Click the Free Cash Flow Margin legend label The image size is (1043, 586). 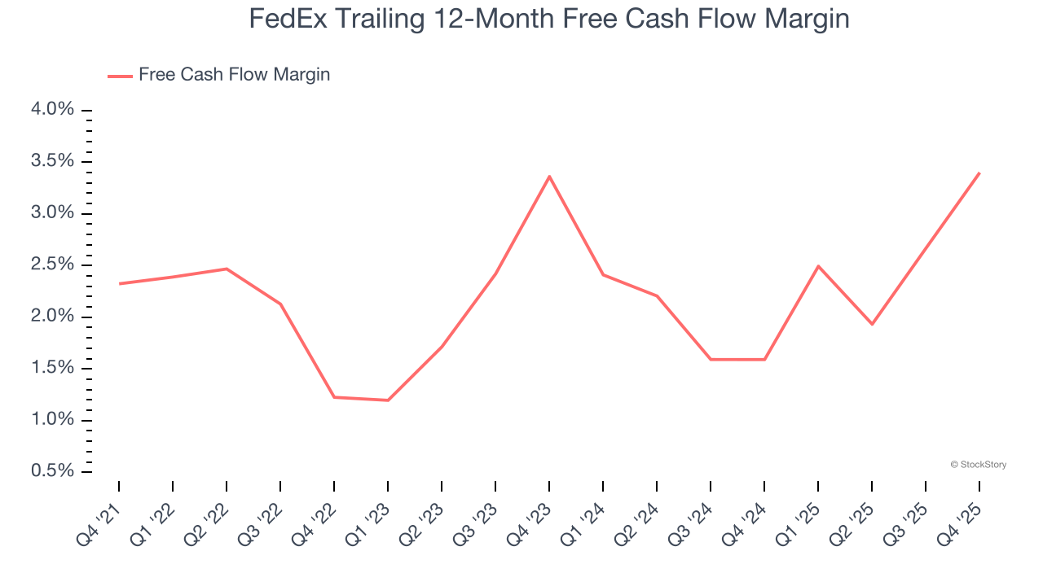(234, 75)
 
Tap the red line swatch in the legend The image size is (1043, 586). (120, 76)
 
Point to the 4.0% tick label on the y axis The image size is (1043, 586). (53, 110)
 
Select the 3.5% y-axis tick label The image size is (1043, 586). (53, 161)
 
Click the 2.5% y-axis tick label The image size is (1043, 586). (53, 265)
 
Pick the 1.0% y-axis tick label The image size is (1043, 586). (53, 420)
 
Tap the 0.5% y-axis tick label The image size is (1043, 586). (53, 471)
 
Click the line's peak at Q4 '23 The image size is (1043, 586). (549, 177)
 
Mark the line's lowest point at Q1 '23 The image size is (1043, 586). (388, 400)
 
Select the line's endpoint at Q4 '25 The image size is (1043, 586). (979, 173)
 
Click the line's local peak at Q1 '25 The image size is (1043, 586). (818, 266)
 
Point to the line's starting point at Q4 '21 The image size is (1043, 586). (119, 283)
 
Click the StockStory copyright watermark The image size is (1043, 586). (978, 465)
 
